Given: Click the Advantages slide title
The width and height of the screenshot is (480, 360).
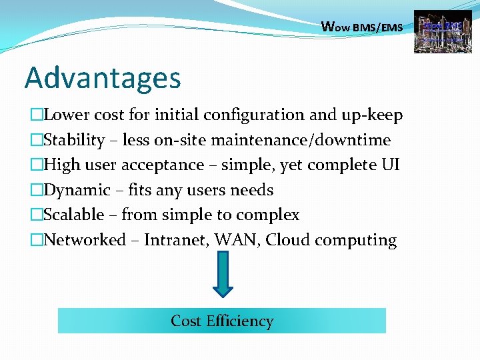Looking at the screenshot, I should pos(103,79).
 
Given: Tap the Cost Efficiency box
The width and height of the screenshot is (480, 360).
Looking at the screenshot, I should pos(222,321).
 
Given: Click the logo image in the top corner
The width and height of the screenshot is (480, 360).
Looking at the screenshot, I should pos(438,31).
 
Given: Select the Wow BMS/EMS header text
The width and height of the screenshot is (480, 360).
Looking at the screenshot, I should pos(362,27).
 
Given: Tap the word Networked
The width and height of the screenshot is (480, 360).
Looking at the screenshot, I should pos(84,240).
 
